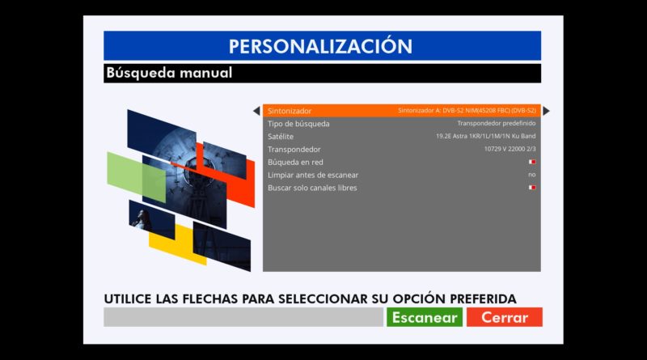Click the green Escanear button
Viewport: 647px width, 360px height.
click(x=425, y=317)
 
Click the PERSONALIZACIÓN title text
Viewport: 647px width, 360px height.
click(x=320, y=46)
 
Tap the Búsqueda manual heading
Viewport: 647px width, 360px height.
click(x=169, y=73)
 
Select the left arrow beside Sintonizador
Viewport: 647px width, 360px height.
click(x=256, y=111)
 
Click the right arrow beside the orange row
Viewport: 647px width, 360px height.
click(x=547, y=111)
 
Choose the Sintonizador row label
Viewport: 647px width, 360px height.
click(x=290, y=111)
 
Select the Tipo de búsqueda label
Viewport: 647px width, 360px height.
click(x=298, y=124)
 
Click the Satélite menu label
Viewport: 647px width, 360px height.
click(x=281, y=136)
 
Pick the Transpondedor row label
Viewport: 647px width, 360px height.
click(x=294, y=149)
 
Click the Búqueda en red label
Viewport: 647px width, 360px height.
click(x=295, y=162)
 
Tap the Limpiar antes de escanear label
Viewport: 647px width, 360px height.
click(x=313, y=175)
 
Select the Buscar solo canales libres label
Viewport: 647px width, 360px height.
click(x=312, y=188)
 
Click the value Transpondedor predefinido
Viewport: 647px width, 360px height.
click(x=497, y=123)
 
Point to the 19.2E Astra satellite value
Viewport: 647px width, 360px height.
click(x=486, y=136)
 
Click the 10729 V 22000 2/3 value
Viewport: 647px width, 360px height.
click(x=510, y=149)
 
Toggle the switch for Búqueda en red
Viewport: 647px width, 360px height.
click(x=532, y=162)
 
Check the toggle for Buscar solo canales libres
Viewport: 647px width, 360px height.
click(x=532, y=188)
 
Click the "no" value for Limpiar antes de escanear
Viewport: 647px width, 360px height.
click(x=532, y=175)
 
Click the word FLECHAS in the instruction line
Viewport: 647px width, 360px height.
click(x=210, y=299)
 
